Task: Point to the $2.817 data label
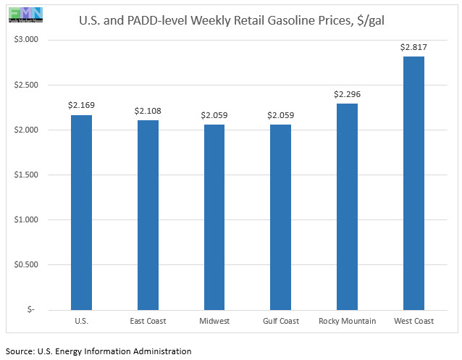413,48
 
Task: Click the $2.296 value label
347,94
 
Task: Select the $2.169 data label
81,106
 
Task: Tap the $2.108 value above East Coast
148,111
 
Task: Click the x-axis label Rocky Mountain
347,321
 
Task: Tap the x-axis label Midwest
214,321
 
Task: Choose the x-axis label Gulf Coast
280,321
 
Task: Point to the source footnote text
98,351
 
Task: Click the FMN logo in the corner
22,14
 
